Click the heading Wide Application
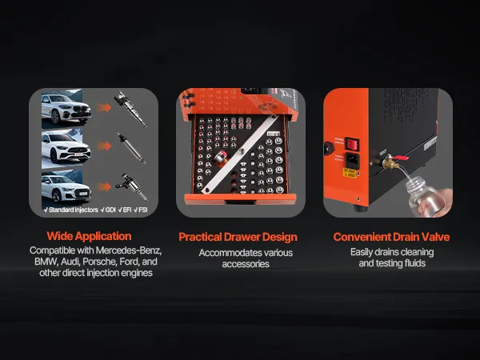89,236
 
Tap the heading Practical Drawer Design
238,237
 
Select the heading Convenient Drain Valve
391,237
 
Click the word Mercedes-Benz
129,250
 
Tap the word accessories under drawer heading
246,264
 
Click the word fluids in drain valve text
414,263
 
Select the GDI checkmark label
108,210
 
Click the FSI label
141,210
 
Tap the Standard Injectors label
70,210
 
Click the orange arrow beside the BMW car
104,107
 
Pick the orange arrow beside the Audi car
104,186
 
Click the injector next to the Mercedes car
132,148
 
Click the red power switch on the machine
352,143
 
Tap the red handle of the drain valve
401,158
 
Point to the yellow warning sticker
350,173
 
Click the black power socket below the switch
352,160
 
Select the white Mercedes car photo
66,149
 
